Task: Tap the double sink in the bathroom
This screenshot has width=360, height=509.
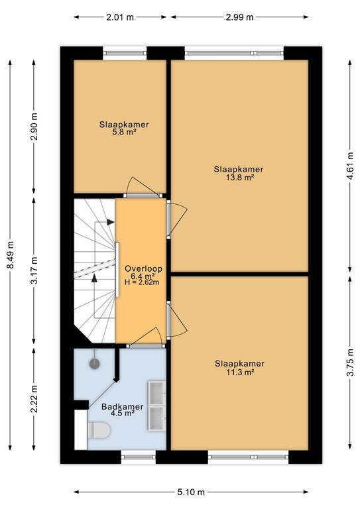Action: coord(156,405)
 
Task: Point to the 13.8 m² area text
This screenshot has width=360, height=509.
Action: coord(239,178)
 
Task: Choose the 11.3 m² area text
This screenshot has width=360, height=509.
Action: coord(239,372)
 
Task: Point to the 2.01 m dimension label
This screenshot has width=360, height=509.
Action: coord(119,17)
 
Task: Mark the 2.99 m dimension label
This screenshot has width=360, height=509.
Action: coord(239,17)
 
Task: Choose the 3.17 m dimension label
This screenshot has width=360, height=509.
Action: coord(35,270)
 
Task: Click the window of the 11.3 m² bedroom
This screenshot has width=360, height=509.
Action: coord(249,456)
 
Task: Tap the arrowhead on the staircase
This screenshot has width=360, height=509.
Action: coord(95,278)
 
